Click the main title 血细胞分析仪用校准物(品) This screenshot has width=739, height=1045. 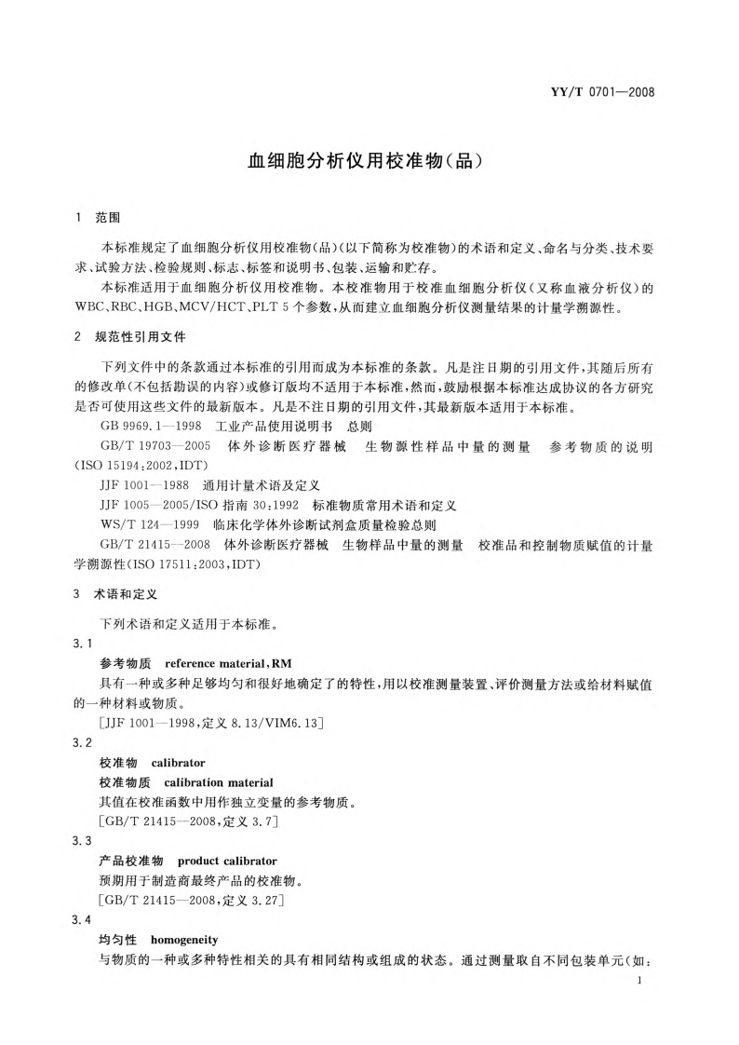click(x=369, y=160)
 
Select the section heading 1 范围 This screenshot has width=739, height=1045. click(x=97, y=218)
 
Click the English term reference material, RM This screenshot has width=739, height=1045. click(x=215, y=664)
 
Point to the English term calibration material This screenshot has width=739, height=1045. click(x=219, y=781)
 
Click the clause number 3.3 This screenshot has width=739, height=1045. click(x=82, y=841)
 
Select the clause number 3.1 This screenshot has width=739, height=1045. click(x=82, y=645)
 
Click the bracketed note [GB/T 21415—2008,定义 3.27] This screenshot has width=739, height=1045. click(x=192, y=900)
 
